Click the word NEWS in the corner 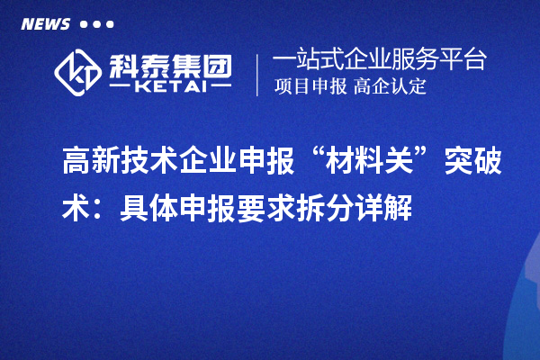pyautogui.click(x=45, y=24)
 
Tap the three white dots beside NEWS pyautogui.click(x=96, y=24)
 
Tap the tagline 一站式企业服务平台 pyautogui.click(x=379, y=60)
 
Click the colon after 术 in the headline pyautogui.click(x=98, y=208)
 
